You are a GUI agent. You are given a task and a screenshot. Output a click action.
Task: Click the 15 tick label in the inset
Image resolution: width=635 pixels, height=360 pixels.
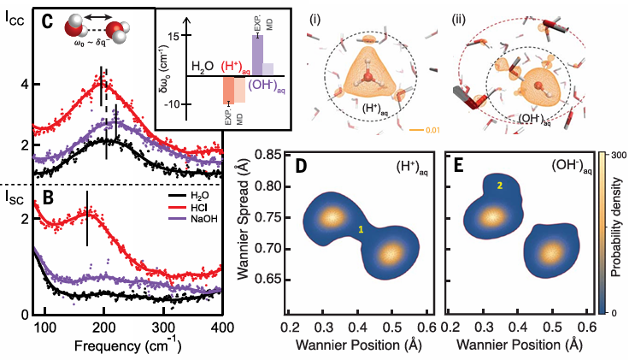pos(172,37)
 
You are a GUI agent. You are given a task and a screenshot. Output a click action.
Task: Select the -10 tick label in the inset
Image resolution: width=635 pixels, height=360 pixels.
pos(170,104)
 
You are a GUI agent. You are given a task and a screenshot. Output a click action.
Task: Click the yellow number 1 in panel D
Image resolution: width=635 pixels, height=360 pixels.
pos(362,230)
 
